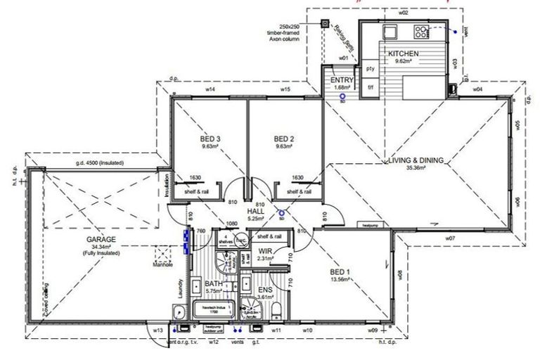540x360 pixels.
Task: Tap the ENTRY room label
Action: [342, 81]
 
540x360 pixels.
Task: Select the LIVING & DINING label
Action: [416, 160]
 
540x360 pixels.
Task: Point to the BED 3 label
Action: [210, 139]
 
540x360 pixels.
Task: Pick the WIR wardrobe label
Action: [265, 250]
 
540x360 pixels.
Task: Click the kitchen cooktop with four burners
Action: [422, 31]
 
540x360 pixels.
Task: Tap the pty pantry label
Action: [371, 70]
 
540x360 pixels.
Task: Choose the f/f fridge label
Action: [370, 89]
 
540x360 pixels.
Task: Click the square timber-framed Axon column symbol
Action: [325, 23]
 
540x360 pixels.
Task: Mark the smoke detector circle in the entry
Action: [342, 98]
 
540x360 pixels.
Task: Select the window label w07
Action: [451, 238]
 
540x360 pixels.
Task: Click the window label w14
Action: [210, 90]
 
